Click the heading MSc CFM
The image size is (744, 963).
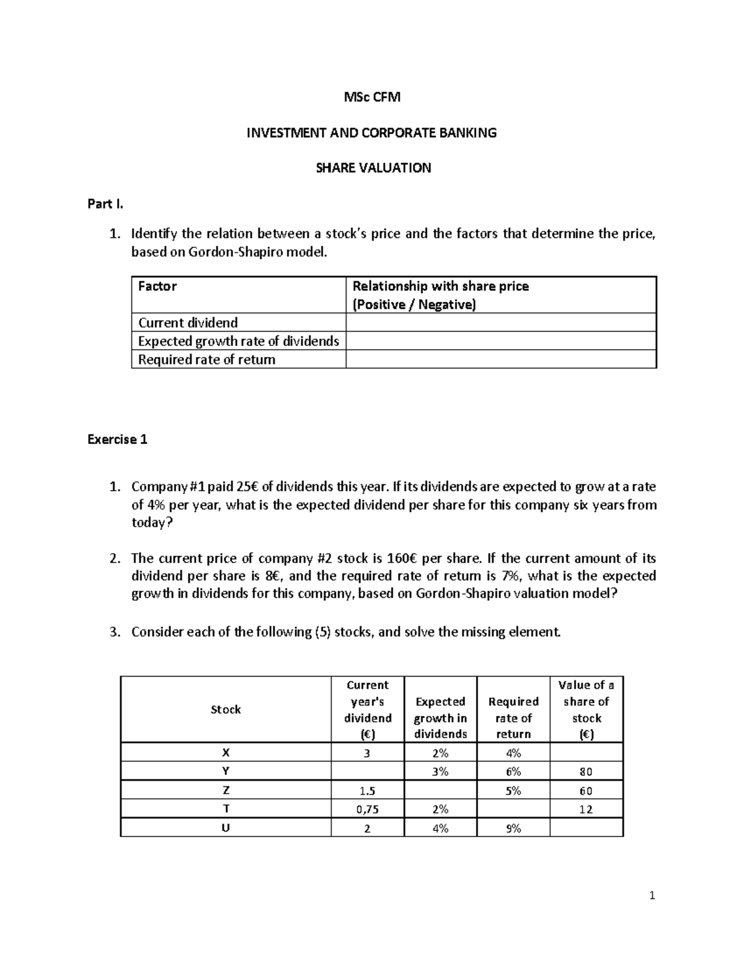point(372,97)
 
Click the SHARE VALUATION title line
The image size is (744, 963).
point(373,168)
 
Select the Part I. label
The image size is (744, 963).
point(105,204)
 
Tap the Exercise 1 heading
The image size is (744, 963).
point(117,440)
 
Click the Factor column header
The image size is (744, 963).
point(157,286)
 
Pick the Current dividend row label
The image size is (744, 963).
point(188,322)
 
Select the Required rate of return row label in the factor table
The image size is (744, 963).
point(206,360)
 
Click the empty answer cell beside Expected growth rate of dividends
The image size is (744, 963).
point(500,341)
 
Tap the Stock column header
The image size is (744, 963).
point(226,709)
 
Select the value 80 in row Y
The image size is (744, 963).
point(586,772)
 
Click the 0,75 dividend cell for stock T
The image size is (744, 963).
point(367,809)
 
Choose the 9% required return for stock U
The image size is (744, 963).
point(513,828)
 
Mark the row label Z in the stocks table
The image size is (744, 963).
point(226,791)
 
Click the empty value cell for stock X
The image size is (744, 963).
point(586,753)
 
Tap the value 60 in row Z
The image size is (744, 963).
point(586,791)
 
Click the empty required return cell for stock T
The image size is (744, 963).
point(513,809)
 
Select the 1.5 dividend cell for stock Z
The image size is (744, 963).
point(367,791)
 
